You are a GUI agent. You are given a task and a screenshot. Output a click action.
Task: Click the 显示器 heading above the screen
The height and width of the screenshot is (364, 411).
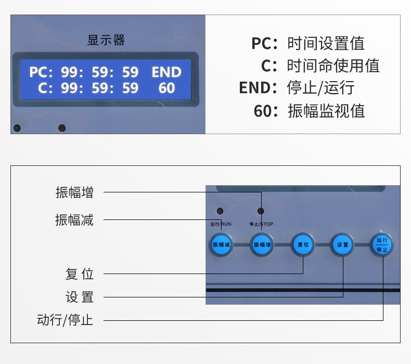coord(106,41)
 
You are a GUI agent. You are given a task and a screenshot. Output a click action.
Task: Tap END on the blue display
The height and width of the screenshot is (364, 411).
coord(166,72)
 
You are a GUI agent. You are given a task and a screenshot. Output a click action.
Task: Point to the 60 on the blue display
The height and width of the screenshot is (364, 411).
coord(166,88)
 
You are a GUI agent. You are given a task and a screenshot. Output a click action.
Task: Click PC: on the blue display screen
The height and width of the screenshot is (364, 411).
coord(41,72)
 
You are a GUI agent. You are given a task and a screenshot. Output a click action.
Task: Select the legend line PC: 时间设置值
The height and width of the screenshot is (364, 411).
coord(308,44)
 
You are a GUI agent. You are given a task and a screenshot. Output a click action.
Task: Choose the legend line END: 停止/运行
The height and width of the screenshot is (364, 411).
coord(297,88)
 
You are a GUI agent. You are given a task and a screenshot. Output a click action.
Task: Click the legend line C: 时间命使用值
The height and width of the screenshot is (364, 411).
coord(320,66)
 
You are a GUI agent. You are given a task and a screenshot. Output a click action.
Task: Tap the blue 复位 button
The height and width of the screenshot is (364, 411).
coord(303,244)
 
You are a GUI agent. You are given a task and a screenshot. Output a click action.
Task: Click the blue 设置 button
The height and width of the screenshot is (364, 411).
coord(343,244)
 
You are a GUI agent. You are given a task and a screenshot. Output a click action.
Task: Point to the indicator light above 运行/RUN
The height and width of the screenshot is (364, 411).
coord(220,211)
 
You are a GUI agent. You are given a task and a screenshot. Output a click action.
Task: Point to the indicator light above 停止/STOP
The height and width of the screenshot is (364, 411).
coord(261,211)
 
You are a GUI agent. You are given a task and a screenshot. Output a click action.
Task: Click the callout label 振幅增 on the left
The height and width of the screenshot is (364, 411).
coord(74,192)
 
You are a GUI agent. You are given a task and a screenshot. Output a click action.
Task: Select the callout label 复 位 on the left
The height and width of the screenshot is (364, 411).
coord(80,274)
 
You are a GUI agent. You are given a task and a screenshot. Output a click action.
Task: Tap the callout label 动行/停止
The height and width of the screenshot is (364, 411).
coord(65,320)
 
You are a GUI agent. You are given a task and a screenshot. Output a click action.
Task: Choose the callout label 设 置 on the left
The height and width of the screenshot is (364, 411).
coord(80,297)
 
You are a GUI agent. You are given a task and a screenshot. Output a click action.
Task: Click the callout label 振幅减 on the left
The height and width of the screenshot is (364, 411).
coord(74,219)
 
